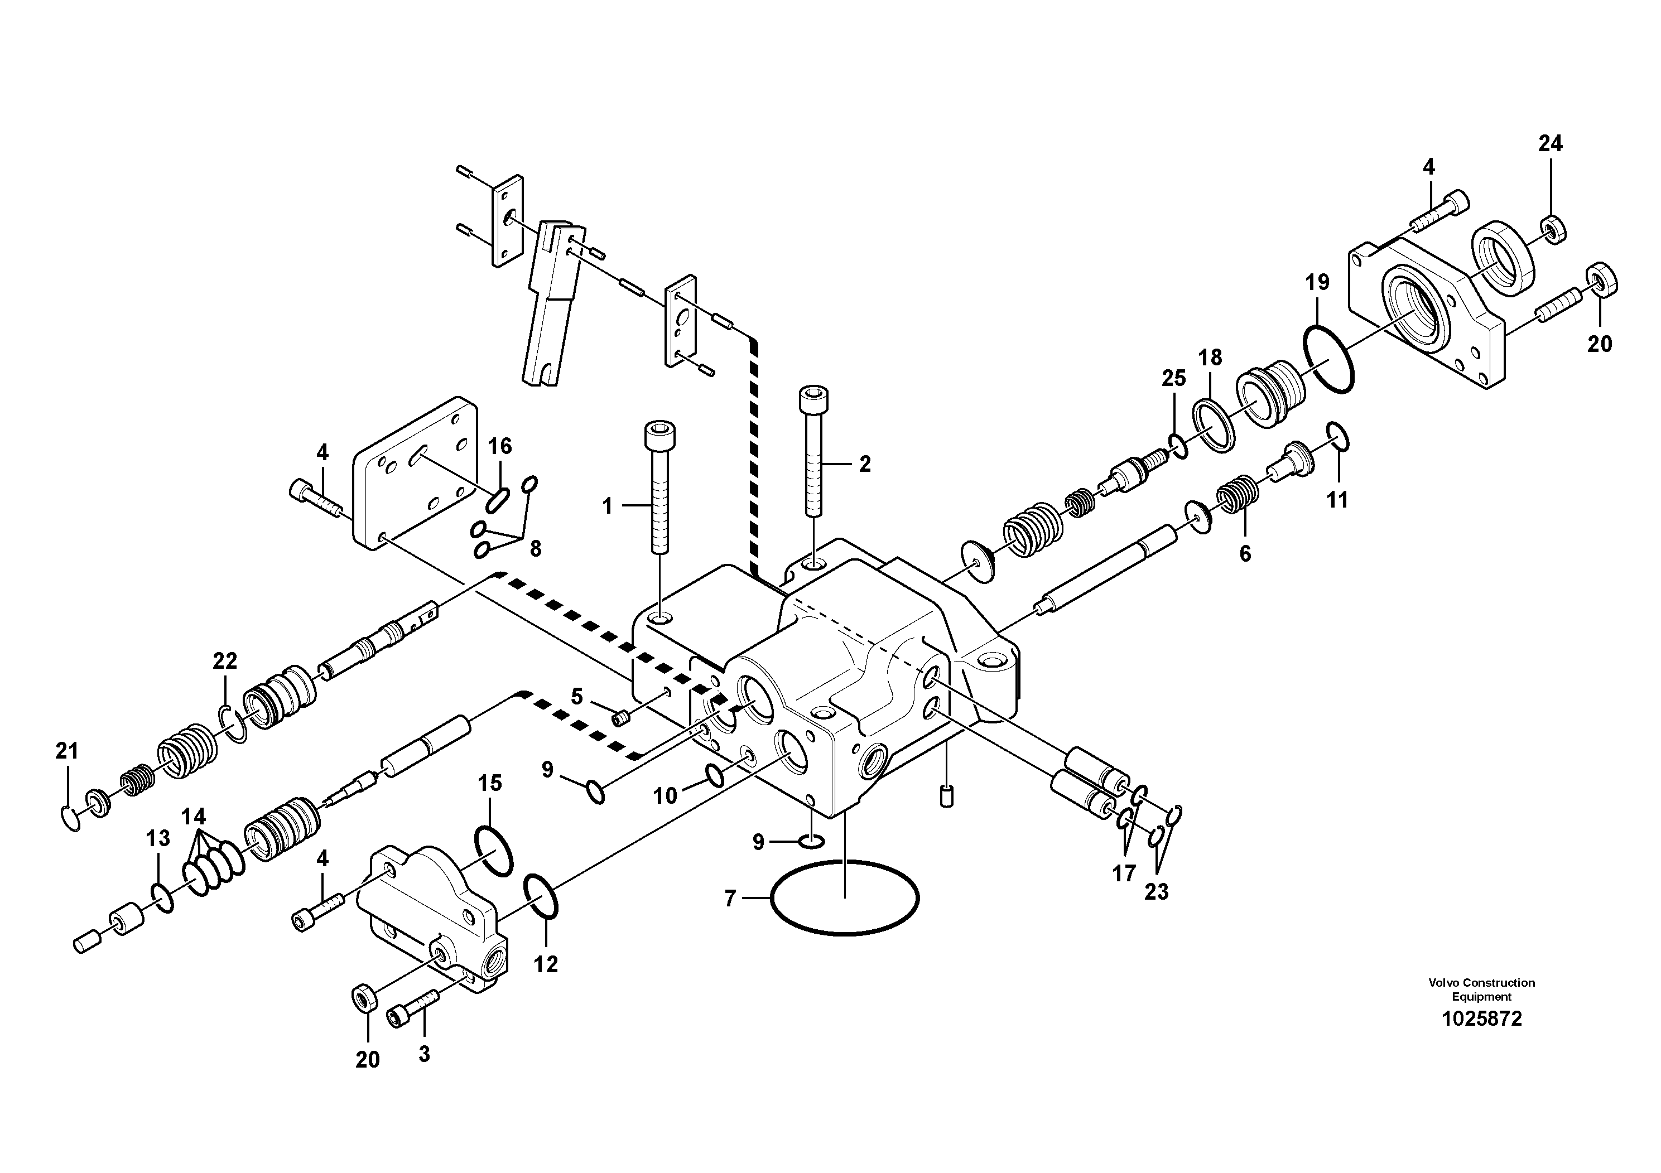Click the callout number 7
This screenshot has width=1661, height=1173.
coord(729,899)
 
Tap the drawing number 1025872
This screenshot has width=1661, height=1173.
coord(1481,1019)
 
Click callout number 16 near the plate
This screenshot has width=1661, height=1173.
coord(499,446)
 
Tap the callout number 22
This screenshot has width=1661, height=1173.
coord(224,660)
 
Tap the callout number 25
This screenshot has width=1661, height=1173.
coord(1173,378)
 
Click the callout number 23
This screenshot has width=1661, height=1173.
coord(1156,892)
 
